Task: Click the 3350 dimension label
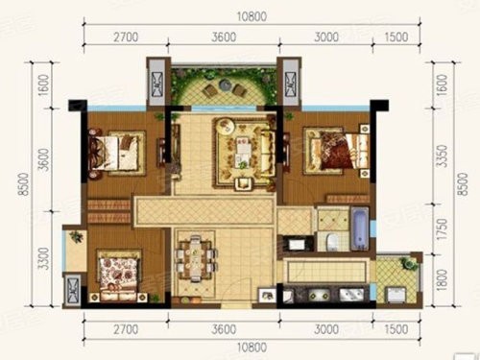click(x=443, y=156)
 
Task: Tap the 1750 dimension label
click(x=443, y=229)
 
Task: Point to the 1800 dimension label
click(x=443, y=280)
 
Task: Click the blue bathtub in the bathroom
click(x=360, y=228)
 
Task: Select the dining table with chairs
click(x=195, y=258)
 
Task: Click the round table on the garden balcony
click(x=225, y=84)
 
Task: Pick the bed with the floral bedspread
click(x=119, y=276)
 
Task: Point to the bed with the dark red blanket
click(x=336, y=151)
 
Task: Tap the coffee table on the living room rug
click(x=242, y=152)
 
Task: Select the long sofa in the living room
click(x=268, y=153)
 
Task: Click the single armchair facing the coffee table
click(x=244, y=183)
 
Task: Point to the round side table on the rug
click(x=226, y=126)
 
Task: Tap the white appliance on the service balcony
click(x=396, y=295)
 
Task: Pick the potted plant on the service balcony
click(x=409, y=263)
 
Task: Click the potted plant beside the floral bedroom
click(x=76, y=237)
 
